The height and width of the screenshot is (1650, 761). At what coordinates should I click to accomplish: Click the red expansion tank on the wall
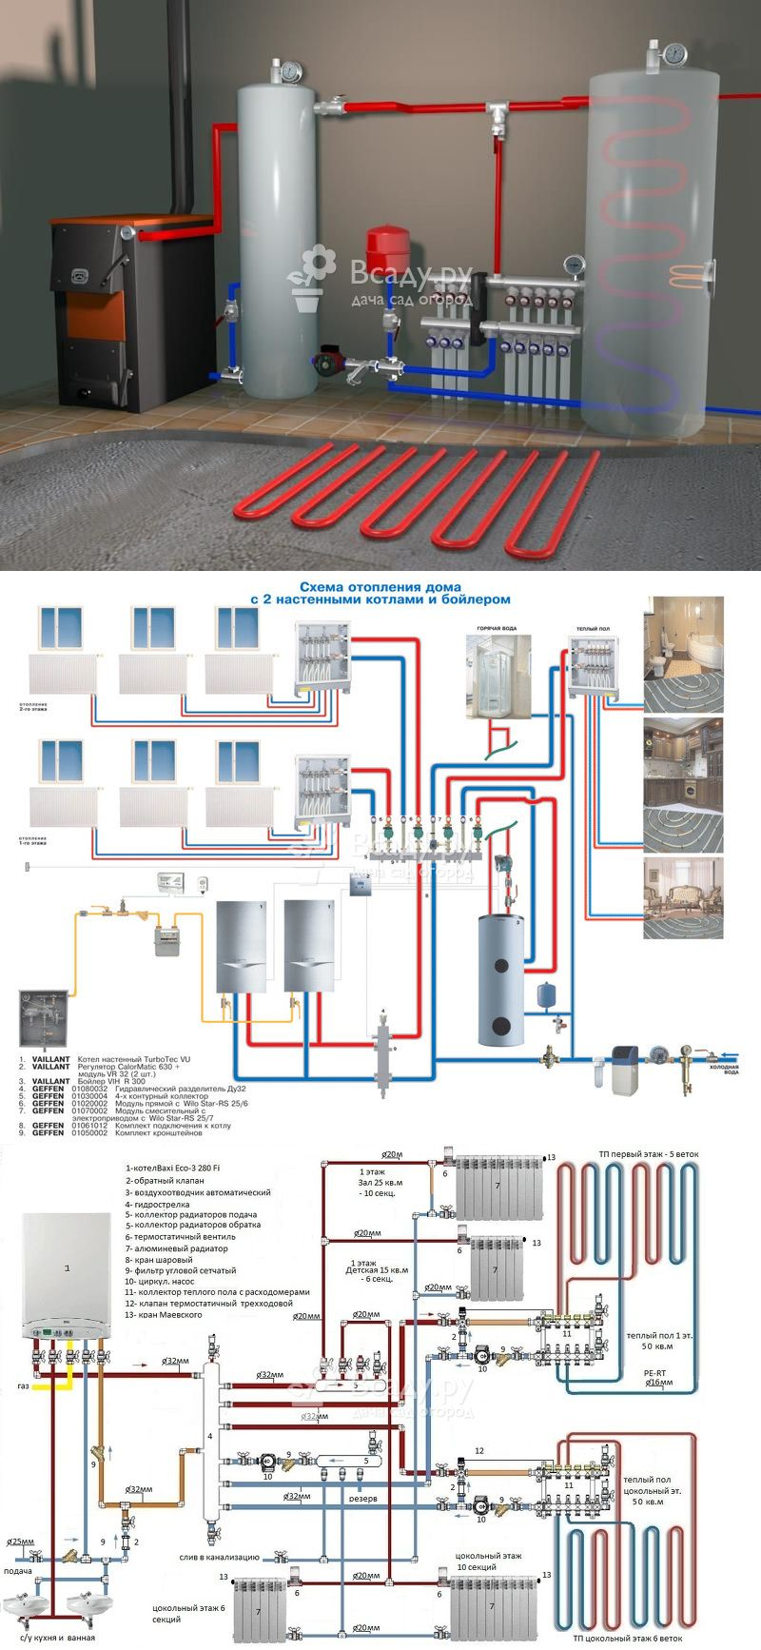[x=386, y=244]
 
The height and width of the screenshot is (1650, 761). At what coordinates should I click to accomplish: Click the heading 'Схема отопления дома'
[x=380, y=587]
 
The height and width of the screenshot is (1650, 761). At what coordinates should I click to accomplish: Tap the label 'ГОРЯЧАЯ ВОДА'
[x=495, y=631]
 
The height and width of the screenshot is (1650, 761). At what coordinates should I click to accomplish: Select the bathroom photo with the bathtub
[x=683, y=654]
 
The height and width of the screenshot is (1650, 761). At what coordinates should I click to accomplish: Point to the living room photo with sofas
[x=683, y=897]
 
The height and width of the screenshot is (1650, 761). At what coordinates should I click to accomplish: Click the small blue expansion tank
[x=548, y=994]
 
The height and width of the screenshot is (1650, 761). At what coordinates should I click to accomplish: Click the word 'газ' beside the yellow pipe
[x=24, y=1386]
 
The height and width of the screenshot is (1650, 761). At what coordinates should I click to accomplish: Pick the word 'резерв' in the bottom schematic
[x=363, y=1498]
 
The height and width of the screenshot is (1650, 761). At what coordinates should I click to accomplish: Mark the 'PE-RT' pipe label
[x=654, y=1373]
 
